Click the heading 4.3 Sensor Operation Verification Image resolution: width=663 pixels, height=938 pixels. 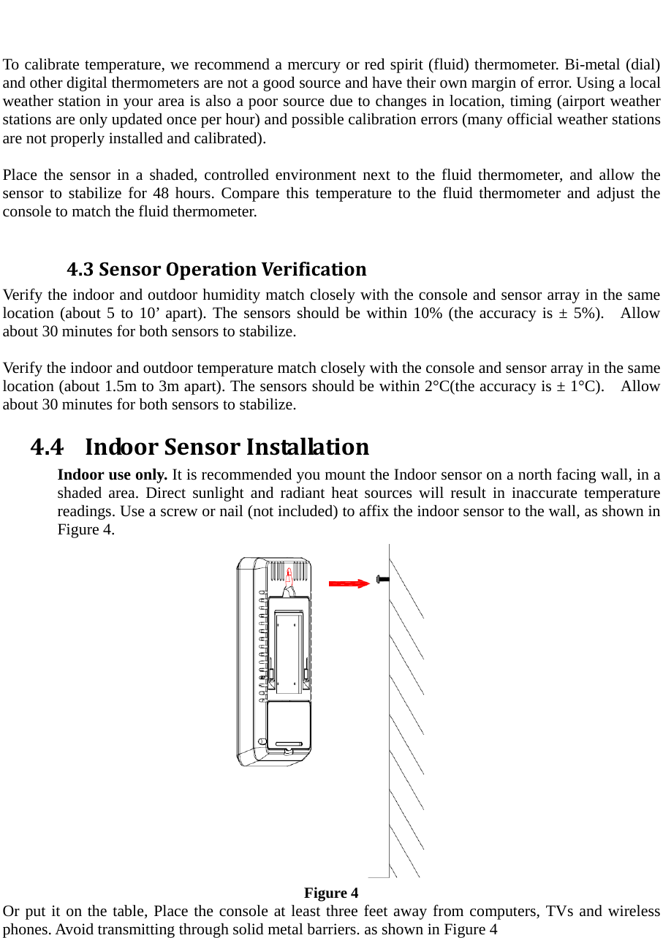click(216, 270)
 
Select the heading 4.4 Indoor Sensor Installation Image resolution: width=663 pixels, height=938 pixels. click(200, 445)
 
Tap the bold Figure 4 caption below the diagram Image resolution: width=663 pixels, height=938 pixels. click(331, 893)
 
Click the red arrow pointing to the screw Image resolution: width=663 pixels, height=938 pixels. click(349, 583)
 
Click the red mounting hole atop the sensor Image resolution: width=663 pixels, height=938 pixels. click(289, 577)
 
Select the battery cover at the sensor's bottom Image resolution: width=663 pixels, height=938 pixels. click(288, 725)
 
